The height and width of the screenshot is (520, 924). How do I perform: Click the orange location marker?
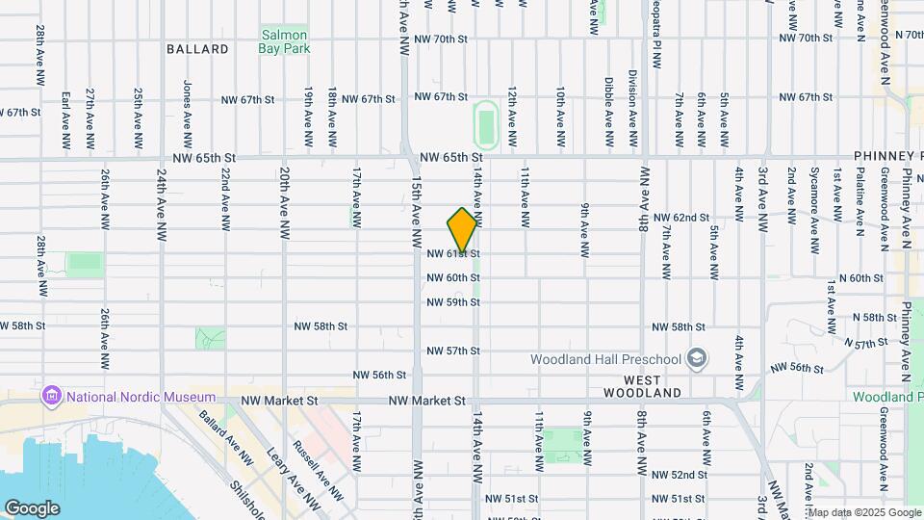tap(463, 230)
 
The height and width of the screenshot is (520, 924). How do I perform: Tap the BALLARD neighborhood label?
tap(197, 49)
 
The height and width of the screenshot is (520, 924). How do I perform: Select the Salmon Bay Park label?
tap(283, 41)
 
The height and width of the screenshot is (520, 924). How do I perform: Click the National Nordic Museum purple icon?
tap(52, 397)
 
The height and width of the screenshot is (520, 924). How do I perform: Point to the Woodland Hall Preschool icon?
tap(697, 359)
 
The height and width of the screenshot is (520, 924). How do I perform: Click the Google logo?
tap(32, 507)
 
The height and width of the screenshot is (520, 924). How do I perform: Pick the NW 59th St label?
tap(453, 302)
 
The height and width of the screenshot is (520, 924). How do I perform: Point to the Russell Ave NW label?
tap(317, 470)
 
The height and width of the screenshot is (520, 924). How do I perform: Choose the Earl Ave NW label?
tap(66, 119)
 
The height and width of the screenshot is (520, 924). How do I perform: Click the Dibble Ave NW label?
tap(609, 113)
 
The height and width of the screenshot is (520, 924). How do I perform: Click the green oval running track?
tap(486, 123)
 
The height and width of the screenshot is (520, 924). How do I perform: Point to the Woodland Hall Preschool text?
tap(606, 359)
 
